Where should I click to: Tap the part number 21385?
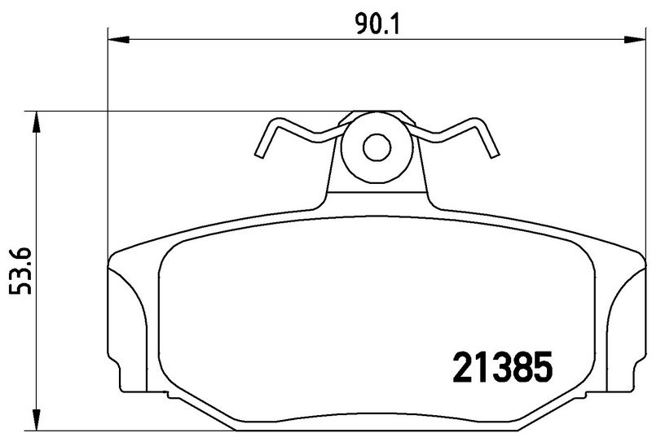pyautogui.click(x=502, y=369)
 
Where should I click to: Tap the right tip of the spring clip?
pyautogui.click(x=492, y=155)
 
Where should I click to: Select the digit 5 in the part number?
pyautogui.click(x=542, y=369)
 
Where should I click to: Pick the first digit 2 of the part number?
pyautogui.click(x=462, y=369)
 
